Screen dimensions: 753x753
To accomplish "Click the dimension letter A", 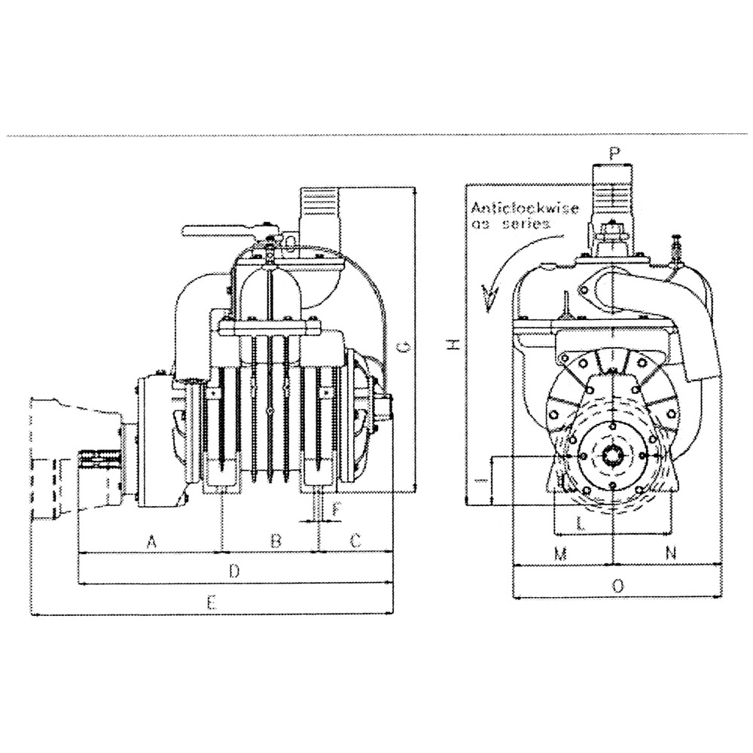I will [151, 540].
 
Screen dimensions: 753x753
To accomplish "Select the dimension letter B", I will [276, 540].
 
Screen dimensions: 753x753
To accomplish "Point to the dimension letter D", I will [234, 572].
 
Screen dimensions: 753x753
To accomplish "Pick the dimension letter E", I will [212, 602].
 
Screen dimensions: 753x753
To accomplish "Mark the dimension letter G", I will [404, 347].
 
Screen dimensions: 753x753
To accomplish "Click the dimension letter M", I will [559, 553].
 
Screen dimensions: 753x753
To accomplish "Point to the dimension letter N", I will [672, 553].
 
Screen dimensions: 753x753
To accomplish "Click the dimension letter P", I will [615, 153].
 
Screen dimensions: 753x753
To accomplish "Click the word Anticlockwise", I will [523, 208].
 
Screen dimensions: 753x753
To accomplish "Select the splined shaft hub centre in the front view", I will [613, 459].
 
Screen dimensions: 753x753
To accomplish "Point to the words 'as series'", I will [511, 224].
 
